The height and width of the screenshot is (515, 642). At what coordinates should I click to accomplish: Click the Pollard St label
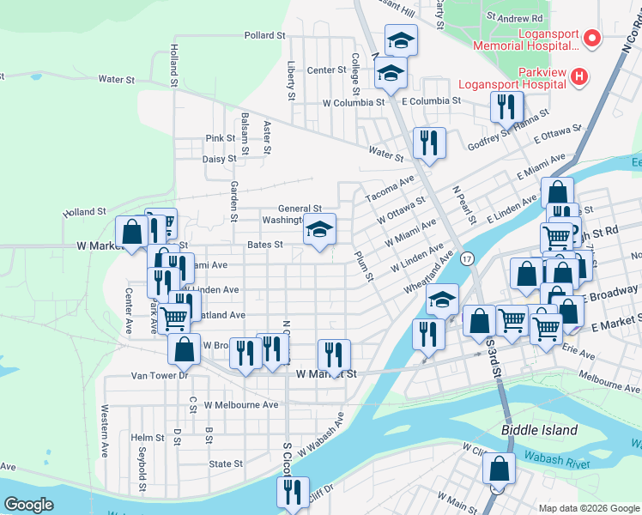(263, 35)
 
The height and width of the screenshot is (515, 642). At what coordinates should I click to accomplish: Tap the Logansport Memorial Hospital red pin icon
(591, 39)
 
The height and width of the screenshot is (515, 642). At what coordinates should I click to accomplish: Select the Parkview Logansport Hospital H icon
(579, 77)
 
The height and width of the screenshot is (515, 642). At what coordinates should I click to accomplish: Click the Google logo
(29, 505)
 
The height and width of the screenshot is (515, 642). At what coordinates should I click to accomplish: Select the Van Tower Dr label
(159, 375)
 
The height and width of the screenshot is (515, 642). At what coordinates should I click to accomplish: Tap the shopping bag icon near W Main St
(499, 470)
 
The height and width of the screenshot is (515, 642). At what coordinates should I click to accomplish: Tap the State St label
(226, 463)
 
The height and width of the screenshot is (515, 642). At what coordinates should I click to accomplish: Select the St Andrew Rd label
(514, 16)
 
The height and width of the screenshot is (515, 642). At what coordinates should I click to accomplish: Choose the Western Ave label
(106, 422)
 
